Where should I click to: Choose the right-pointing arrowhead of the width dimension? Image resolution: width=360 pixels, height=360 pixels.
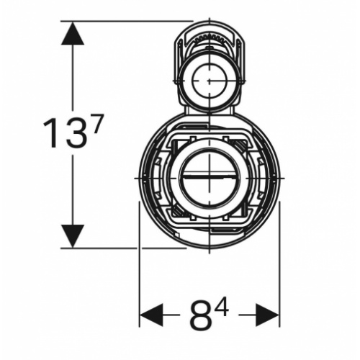269,315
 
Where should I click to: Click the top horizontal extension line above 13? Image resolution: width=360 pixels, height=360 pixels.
130,21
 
